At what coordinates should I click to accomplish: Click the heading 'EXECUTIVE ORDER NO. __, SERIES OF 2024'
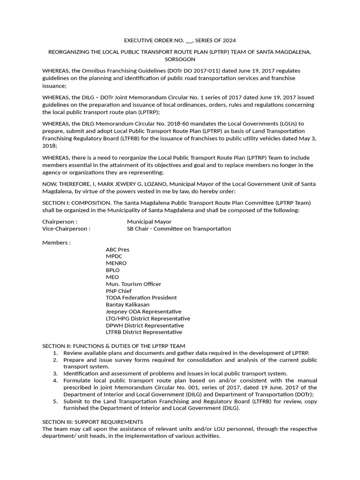(x=180, y=41)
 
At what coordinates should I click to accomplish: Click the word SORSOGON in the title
(x=180, y=60)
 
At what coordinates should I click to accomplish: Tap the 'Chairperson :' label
(x=60, y=222)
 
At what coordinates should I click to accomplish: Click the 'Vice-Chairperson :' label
(x=66, y=229)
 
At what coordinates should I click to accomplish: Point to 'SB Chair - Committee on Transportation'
(x=179, y=229)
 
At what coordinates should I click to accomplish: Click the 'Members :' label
(x=56, y=243)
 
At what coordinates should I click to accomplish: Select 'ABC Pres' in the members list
(x=117, y=250)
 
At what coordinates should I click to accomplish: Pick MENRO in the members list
(x=116, y=263)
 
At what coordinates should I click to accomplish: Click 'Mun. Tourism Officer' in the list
(x=133, y=284)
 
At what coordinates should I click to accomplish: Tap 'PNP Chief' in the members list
(x=119, y=291)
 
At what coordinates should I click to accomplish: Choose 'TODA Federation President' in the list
(x=141, y=298)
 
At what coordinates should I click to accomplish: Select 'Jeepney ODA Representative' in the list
(x=143, y=312)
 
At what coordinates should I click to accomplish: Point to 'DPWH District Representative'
(x=144, y=325)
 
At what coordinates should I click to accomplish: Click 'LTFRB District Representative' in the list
(x=144, y=332)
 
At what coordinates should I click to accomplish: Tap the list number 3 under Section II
(x=55, y=374)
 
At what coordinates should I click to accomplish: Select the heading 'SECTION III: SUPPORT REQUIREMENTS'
(x=92, y=422)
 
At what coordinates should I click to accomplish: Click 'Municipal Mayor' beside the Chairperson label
(x=149, y=222)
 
